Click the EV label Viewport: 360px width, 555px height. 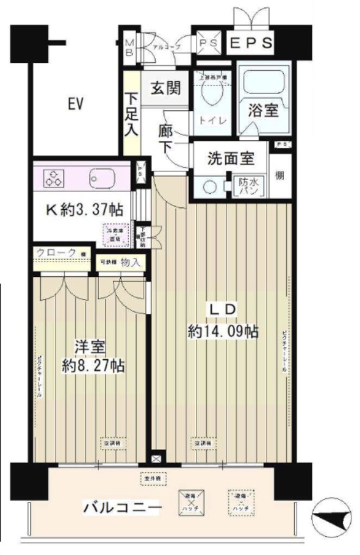[75, 104]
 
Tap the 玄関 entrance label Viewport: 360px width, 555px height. [165, 88]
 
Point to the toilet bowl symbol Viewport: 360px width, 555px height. [212, 94]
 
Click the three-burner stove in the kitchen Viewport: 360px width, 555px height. [53, 178]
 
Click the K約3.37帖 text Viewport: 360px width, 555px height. [85, 210]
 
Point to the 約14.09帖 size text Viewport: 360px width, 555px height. [223, 331]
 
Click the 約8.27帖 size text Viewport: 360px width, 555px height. [93, 366]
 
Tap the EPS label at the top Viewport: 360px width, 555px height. [251, 43]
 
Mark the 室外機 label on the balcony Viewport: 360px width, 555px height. [148, 479]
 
